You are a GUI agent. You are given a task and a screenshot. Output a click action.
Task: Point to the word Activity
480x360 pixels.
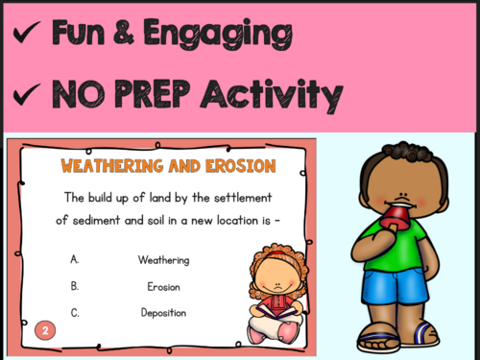coord(284,95)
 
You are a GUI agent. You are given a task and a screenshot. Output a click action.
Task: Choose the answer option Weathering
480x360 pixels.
coord(163,259)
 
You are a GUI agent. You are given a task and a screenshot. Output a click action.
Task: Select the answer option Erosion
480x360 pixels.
coord(163,286)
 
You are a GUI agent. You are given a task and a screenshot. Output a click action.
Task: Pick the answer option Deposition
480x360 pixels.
coord(163,312)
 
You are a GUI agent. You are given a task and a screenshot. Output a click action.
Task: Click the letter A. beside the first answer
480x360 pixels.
coord(74,259)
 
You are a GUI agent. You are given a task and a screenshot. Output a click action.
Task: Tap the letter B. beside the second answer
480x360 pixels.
coord(74,286)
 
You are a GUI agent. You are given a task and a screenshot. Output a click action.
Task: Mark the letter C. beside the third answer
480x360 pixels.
coord(74,312)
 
